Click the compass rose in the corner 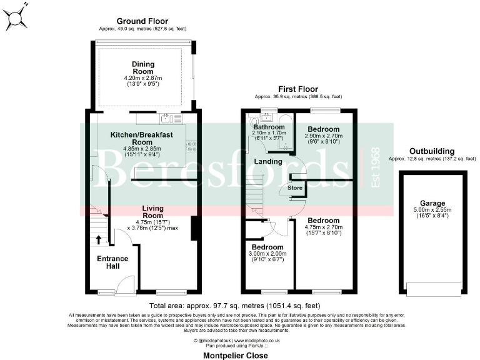(x=15, y=17)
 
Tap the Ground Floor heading (x=142, y=21)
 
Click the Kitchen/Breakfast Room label (x=141, y=139)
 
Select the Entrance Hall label (x=112, y=262)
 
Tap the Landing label (x=266, y=161)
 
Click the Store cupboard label (x=295, y=187)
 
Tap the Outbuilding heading (x=431, y=151)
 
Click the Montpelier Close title (x=236, y=355)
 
